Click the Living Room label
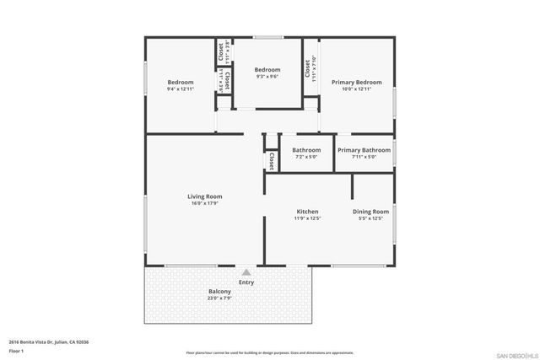coord(205,196)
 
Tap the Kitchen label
coord(306,211)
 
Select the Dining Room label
coord(370,211)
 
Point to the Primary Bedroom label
coord(357,82)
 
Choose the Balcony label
coord(220,292)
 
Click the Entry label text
coord(246,282)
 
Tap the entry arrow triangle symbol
coord(246,272)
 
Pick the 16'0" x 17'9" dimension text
coord(205,203)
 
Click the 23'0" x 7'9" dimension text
coord(220,298)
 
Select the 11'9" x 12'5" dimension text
coord(306,218)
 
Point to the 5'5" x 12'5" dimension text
coord(370,218)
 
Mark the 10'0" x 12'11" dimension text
coord(357,89)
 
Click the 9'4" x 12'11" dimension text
coord(181,89)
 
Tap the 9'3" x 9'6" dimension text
coord(267,77)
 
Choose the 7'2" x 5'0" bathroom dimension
coord(306,157)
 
